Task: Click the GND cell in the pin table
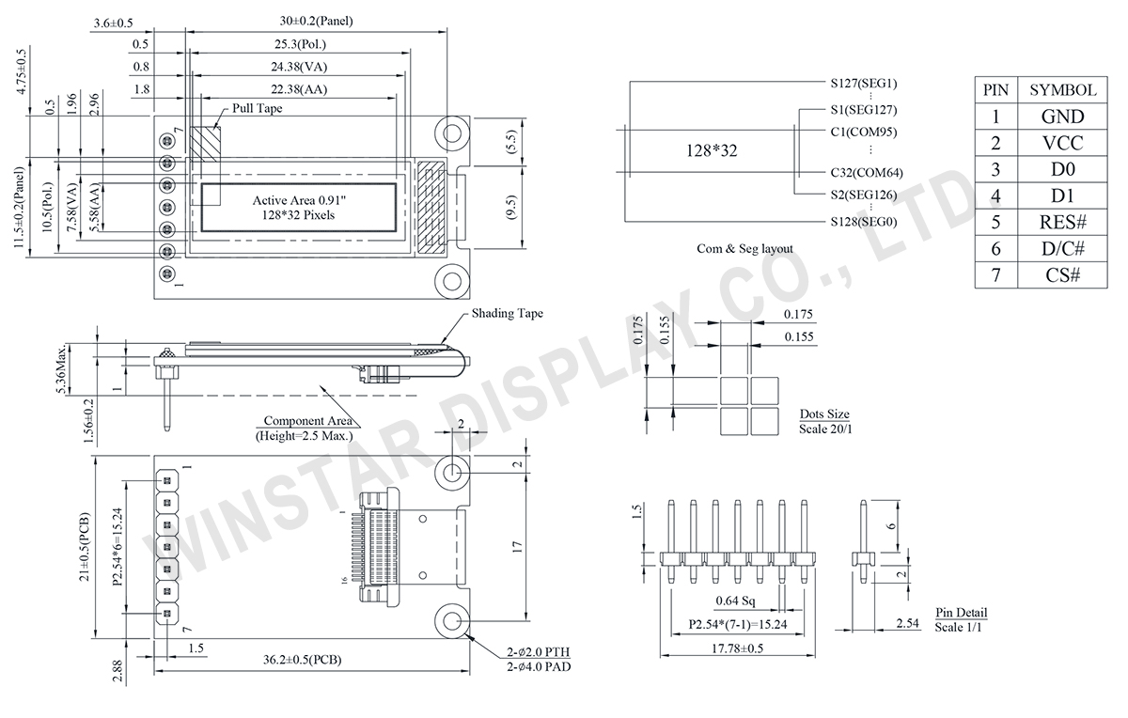click(1062, 117)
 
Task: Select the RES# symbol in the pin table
click(1062, 223)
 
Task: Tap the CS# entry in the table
click(1062, 275)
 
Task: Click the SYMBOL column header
click(1062, 90)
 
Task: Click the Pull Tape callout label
click(257, 109)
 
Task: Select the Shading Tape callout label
click(507, 314)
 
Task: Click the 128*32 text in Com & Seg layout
click(710, 150)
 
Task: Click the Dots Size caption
click(824, 414)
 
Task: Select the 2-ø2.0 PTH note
click(537, 651)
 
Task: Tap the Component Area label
click(305, 421)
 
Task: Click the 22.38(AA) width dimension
click(302, 90)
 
